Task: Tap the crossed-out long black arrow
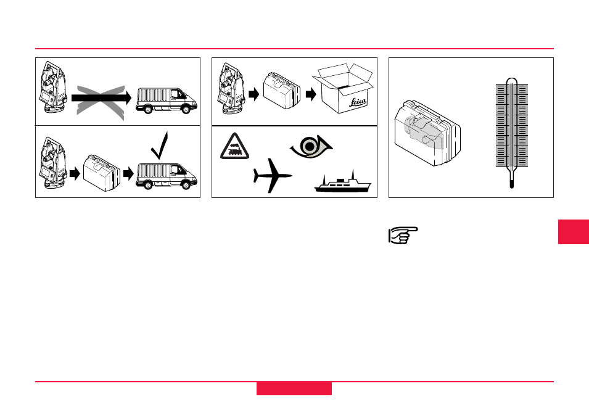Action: click(x=101, y=98)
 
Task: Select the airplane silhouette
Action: click(x=273, y=175)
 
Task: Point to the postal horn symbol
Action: click(x=311, y=146)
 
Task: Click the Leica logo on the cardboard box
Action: click(x=357, y=102)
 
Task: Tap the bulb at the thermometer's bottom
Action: click(x=512, y=184)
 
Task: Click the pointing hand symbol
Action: click(x=403, y=236)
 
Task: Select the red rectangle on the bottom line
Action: click(x=294, y=388)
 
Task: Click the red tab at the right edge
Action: click(x=574, y=232)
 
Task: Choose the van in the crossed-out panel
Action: click(x=167, y=101)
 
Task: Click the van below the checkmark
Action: click(x=167, y=176)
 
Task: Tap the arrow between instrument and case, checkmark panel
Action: click(x=75, y=173)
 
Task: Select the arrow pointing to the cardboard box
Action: click(x=311, y=94)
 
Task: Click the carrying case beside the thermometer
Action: click(x=427, y=133)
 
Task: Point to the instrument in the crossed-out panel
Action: click(x=53, y=87)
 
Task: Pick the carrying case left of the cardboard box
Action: click(x=282, y=91)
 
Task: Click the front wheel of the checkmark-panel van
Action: click(x=186, y=184)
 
